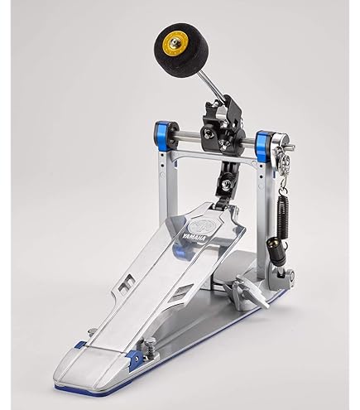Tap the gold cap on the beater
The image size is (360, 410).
pos(171,43)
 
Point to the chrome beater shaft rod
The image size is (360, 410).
pos(211,84)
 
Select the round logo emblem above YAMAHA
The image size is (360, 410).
pos(199,227)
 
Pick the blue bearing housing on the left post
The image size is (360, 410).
pos(162,136)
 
